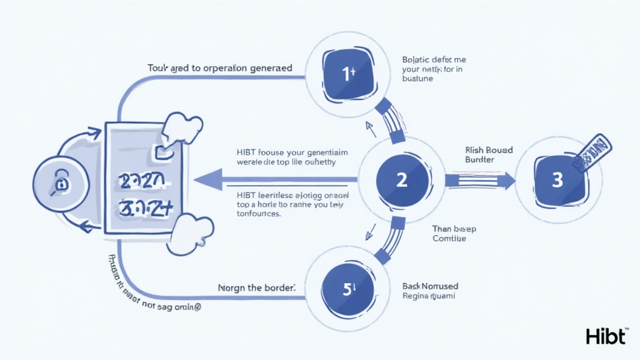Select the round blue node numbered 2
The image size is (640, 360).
(401, 181)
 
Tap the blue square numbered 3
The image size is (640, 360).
(557, 181)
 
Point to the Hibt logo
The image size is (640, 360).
(606, 336)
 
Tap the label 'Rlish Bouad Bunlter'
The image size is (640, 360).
(489, 155)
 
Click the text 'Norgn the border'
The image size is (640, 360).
(257, 288)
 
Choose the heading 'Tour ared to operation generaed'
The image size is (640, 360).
(219, 67)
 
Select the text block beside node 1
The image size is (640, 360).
(432, 69)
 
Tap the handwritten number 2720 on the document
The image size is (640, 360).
(141, 182)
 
